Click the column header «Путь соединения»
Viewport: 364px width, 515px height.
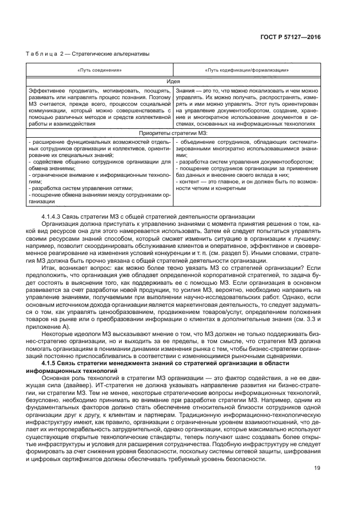(x=100, y=71)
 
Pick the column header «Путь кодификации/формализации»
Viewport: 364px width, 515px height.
(x=247, y=71)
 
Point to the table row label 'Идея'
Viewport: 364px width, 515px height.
(x=173, y=80)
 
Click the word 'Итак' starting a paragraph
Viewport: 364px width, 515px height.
(x=50, y=265)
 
